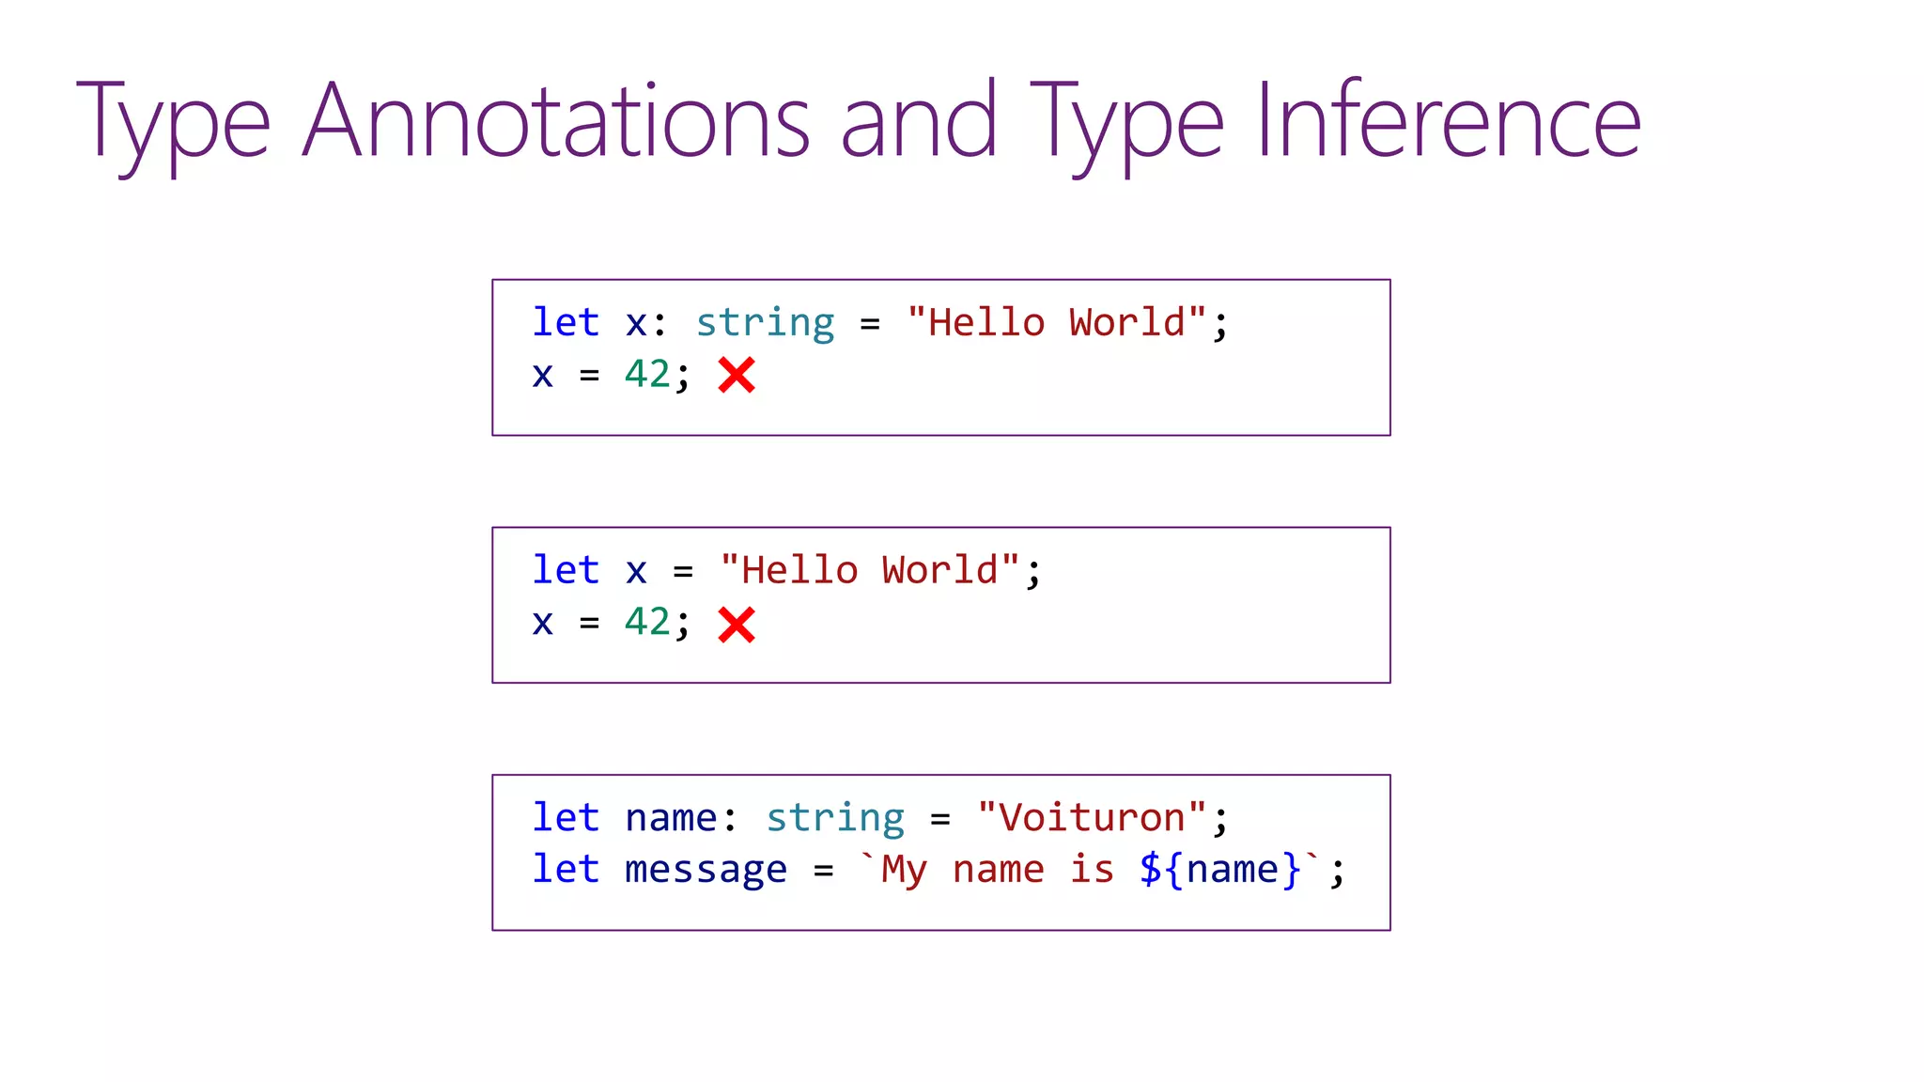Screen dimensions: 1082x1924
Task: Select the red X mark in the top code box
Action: coord(737,376)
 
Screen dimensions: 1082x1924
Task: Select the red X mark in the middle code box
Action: coord(737,625)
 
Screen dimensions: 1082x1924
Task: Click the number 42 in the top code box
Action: coord(647,375)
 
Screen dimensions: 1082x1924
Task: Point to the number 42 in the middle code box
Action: coord(647,622)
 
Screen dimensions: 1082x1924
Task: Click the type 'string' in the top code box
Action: coord(765,323)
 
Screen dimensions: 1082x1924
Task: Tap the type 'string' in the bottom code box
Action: coord(835,818)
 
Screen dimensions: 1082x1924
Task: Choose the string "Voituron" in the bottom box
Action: coord(1092,818)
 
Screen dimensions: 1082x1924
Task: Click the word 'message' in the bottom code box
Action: coord(706,870)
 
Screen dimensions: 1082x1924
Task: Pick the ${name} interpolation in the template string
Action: coord(1220,870)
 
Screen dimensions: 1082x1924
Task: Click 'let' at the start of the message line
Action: coord(566,870)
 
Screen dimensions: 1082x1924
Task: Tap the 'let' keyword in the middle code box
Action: coord(566,570)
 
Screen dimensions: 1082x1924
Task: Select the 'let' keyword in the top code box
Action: coord(566,323)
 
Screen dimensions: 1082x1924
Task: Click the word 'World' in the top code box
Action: coord(1126,323)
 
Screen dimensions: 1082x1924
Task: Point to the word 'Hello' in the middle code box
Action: coord(799,570)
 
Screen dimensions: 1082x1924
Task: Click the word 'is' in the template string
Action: coord(1092,870)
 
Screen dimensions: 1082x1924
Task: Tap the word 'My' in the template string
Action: coord(904,870)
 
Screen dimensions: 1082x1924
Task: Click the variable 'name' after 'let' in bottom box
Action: coord(671,818)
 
